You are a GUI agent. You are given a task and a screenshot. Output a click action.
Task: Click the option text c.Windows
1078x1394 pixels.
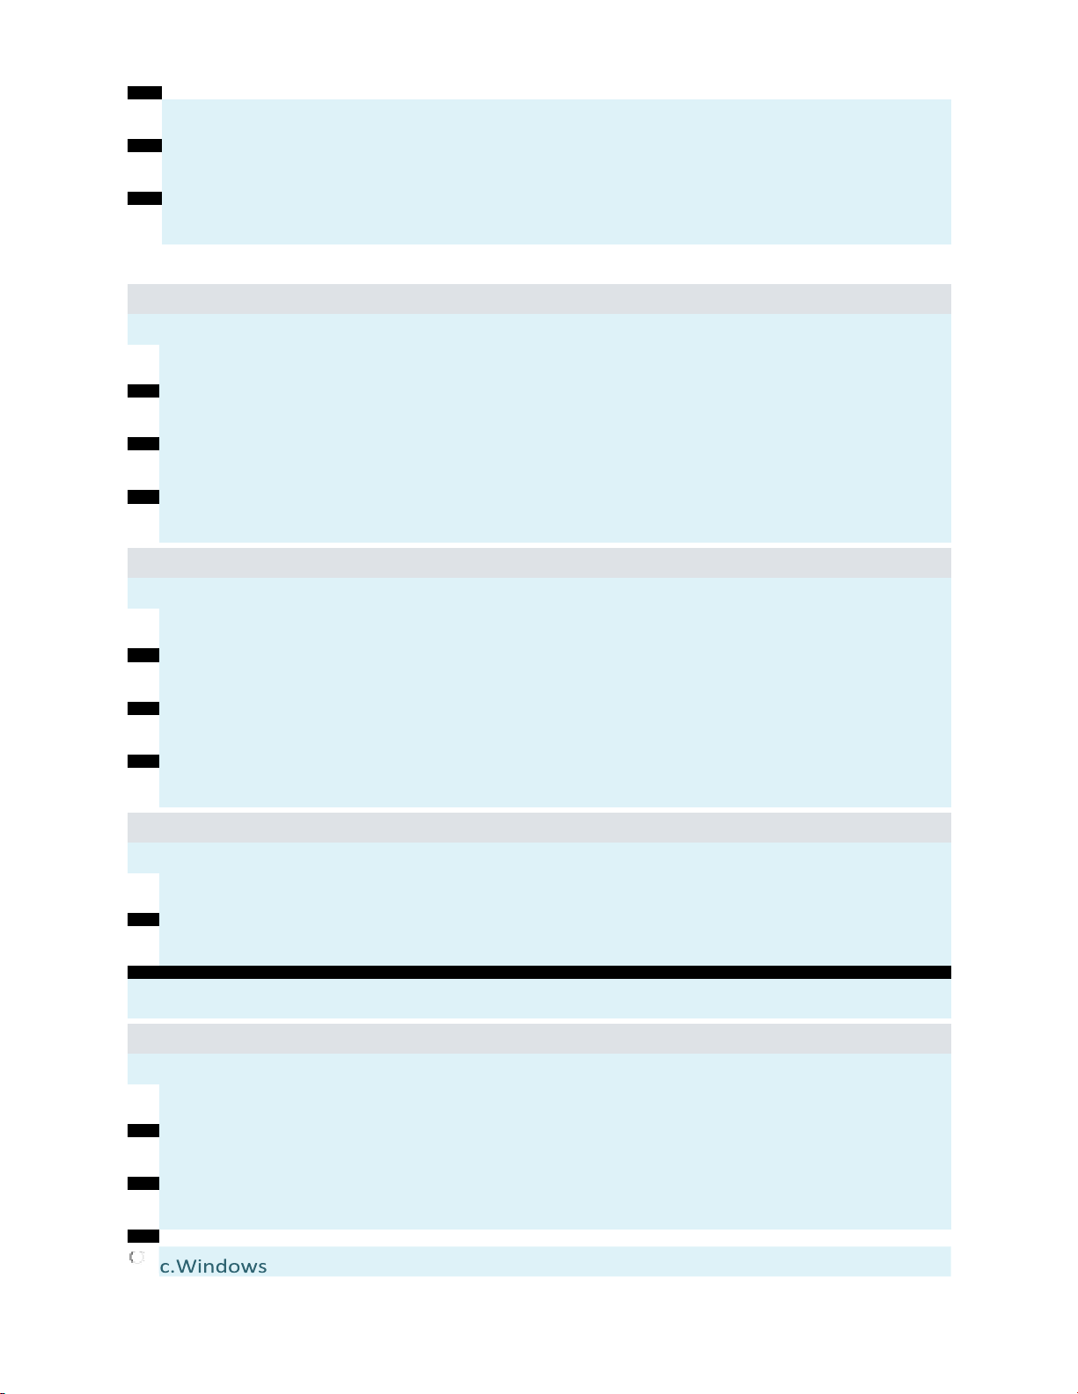(213, 1266)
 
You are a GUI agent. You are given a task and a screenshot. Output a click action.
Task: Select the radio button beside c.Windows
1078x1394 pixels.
(136, 1258)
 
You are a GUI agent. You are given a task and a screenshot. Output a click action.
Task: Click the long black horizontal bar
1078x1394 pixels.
(539, 972)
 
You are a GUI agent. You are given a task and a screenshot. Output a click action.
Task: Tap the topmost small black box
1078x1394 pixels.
(144, 92)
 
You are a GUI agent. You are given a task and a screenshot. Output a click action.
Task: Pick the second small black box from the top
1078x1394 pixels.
(144, 145)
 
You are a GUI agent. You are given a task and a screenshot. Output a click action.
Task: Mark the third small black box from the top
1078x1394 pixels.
(144, 198)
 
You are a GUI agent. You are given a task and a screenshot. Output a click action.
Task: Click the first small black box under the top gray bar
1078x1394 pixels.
(143, 390)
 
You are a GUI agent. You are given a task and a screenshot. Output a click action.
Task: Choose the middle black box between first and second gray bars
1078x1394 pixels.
(143, 443)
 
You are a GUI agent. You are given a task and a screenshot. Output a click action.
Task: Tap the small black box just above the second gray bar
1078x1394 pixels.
(143, 497)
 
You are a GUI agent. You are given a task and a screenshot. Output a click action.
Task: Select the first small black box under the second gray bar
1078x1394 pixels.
(143, 655)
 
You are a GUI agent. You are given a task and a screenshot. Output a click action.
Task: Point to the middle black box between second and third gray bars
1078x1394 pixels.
(143, 708)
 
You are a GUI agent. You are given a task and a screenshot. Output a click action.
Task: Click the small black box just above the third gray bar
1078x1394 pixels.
(143, 761)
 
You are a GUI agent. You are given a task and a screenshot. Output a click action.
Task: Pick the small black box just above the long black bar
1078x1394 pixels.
(143, 919)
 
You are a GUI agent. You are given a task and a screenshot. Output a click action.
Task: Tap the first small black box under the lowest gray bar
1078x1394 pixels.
(143, 1130)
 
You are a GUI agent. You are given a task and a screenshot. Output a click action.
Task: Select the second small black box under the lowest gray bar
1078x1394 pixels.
(143, 1183)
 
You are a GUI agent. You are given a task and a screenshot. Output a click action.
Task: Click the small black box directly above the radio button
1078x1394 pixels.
(143, 1236)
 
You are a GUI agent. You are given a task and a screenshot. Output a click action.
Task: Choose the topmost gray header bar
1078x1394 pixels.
(539, 299)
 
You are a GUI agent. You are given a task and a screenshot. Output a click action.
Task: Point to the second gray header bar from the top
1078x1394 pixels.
(539, 563)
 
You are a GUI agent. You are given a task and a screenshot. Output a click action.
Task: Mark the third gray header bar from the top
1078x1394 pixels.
(539, 828)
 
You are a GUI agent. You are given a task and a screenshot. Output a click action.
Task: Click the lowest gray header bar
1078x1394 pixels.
(539, 1039)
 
